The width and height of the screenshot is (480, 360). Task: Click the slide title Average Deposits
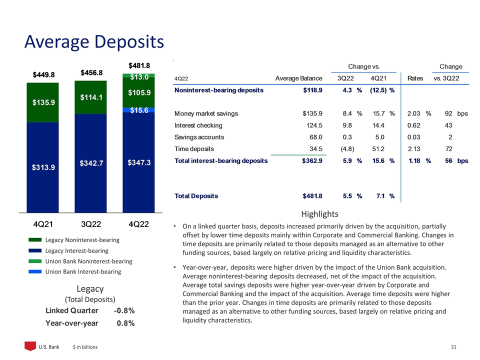(x=94, y=41)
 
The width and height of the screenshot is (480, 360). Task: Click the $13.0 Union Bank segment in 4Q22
(x=138, y=76)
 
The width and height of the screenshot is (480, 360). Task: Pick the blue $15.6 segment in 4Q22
(x=138, y=110)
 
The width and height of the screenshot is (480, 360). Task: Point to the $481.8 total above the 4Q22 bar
(x=138, y=65)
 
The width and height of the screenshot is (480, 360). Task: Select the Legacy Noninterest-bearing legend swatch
(x=35, y=240)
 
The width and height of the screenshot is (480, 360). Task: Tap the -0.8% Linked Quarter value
(x=124, y=310)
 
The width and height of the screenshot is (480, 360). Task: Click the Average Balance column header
(x=298, y=78)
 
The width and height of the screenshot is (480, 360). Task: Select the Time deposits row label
(x=194, y=149)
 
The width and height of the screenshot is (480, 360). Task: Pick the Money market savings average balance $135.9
(x=311, y=113)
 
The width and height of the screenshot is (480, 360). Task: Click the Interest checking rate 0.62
(x=414, y=125)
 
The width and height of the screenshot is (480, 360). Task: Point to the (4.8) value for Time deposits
(x=347, y=149)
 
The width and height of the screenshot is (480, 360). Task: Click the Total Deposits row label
(x=196, y=196)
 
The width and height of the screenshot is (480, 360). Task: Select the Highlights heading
(x=320, y=214)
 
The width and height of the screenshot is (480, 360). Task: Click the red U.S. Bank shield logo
(x=31, y=346)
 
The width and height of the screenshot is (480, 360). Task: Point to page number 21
(x=454, y=346)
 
